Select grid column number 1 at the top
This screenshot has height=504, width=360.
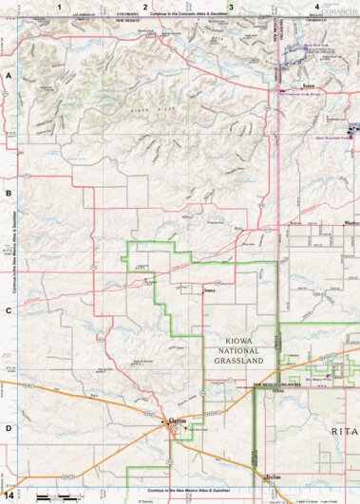tap(59, 7)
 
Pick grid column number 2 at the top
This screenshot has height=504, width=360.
tap(145, 7)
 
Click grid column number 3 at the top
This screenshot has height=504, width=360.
tap(231, 7)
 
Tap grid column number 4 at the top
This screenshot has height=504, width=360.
tap(316, 7)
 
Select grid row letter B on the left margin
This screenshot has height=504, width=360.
tap(9, 193)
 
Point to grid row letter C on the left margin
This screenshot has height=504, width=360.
tap(9, 310)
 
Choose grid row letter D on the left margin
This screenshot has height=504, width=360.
tap(9, 428)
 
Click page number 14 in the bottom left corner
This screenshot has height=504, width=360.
tap(9, 495)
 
